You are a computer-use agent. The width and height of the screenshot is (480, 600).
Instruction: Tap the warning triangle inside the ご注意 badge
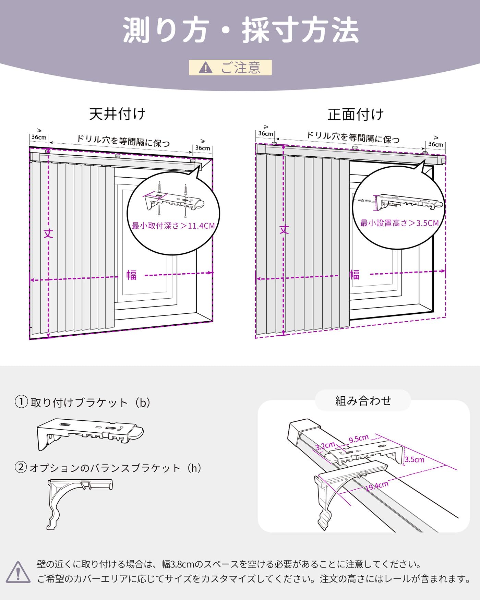point(205,68)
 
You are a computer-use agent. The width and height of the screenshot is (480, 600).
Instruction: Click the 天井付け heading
point(118,114)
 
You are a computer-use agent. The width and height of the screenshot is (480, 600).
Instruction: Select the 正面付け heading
point(356,115)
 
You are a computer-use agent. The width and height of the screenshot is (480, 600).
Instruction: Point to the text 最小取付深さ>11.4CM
point(173,226)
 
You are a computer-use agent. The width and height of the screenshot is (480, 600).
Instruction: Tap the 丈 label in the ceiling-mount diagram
point(48,234)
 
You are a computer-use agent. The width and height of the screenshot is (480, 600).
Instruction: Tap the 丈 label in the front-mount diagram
point(284,229)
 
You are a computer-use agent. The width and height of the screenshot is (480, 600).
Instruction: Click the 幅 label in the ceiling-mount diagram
point(131,275)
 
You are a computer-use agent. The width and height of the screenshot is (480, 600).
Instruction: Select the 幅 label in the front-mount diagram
point(355,275)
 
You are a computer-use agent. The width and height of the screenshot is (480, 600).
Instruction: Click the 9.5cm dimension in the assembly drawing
point(359,439)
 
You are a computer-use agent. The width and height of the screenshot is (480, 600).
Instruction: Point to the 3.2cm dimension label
point(325,446)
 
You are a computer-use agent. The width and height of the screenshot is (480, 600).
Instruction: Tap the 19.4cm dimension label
point(376,486)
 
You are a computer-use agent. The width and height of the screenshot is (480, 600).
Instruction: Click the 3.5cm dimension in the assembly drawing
point(415,460)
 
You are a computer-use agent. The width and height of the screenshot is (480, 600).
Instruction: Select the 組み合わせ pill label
point(363,400)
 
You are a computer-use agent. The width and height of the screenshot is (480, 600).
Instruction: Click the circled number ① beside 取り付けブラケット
point(21,401)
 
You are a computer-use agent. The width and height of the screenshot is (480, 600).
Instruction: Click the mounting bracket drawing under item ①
point(90,434)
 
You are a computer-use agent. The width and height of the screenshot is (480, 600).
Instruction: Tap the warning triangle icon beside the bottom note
point(18,572)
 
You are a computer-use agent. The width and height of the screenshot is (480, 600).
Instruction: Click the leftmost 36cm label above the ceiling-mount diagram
point(39,137)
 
